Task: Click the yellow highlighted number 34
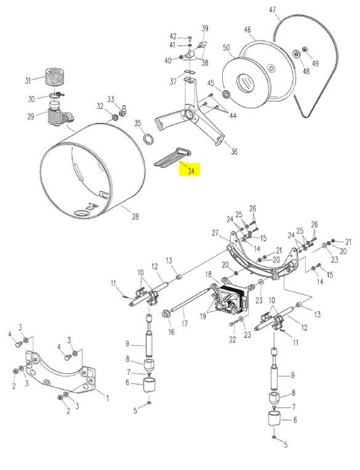[191, 172]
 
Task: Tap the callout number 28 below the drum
[135, 216]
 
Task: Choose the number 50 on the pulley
[226, 48]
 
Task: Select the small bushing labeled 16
[166, 315]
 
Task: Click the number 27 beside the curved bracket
[215, 233]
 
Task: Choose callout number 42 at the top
[172, 36]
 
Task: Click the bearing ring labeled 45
[226, 92]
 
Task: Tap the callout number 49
[315, 63]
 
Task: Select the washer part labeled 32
[115, 117]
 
